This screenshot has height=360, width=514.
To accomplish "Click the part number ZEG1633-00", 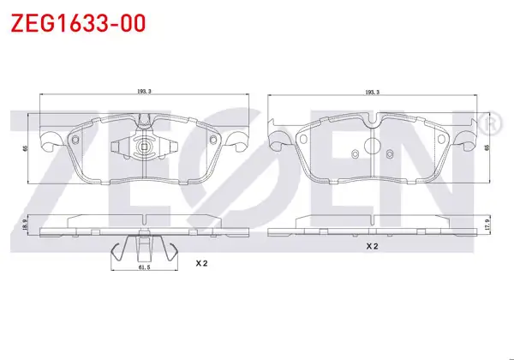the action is click(x=78, y=23).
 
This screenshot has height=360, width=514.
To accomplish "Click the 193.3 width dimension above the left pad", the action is click(x=144, y=92).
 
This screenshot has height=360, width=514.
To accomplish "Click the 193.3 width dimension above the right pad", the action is click(x=373, y=92).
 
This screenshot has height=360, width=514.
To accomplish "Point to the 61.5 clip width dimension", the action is click(x=144, y=267).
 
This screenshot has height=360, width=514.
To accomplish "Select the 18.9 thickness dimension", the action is click(x=24, y=225).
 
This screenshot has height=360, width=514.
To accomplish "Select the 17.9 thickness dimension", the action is click(x=487, y=225).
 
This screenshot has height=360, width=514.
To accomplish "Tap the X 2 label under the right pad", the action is click(x=373, y=246).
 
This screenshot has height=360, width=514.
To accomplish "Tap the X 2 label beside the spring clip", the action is click(x=202, y=263).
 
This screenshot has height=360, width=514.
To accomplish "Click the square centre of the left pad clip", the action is click(x=144, y=147).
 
